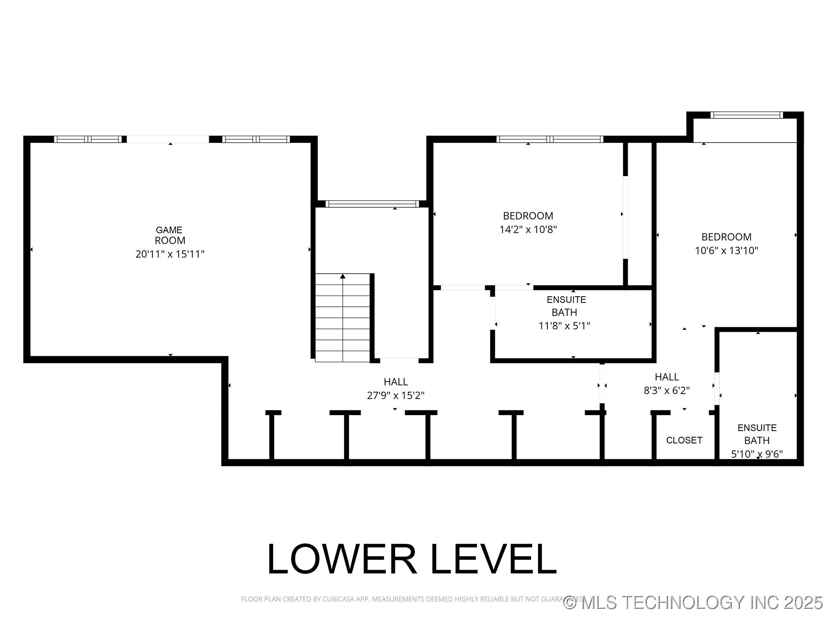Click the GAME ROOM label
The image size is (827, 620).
tap(170, 235)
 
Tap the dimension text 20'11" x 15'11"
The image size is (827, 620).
tap(170, 254)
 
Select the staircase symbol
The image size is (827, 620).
tap(343, 318)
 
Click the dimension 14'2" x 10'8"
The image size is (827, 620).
tap(528, 229)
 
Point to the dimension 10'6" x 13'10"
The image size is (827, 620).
tap(726, 251)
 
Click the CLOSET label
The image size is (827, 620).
tap(684, 440)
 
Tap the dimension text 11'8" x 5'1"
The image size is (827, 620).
tap(564, 326)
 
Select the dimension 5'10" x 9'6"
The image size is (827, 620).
tap(757, 454)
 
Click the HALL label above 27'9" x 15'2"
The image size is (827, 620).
tap(395, 382)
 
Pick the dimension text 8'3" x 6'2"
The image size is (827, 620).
tap(667, 391)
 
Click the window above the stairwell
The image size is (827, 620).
tap(372, 204)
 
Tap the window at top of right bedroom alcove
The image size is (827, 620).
tap(746, 115)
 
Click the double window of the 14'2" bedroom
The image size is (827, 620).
tap(549, 139)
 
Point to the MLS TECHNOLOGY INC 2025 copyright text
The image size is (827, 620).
tap(693, 602)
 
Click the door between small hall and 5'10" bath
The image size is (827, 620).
tap(717, 388)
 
